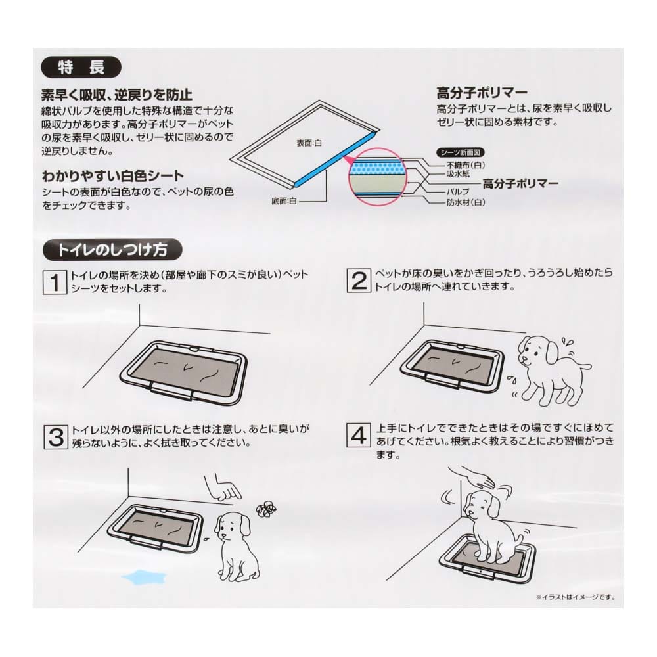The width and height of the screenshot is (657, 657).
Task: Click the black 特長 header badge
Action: point(81,67)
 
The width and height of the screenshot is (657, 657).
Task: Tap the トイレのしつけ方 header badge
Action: point(112,250)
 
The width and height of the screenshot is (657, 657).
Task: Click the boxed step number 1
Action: point(55,282)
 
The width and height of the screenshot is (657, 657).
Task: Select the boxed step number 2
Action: point(359,281)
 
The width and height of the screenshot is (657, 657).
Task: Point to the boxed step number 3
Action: point(56,437)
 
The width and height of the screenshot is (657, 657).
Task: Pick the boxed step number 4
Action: point(359,435)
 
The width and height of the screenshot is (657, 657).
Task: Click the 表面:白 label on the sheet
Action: point(309,143)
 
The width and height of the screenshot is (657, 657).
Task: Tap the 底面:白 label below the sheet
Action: point(284,201)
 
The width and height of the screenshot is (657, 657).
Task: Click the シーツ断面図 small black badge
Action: point(460,152)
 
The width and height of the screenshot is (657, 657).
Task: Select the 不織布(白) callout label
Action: point(466,165)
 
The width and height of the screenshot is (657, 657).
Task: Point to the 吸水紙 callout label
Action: point(458,174)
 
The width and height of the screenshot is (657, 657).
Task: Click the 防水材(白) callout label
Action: point(466,202)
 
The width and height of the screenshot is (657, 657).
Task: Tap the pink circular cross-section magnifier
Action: point(378,177)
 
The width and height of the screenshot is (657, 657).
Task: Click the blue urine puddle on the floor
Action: point(145,578)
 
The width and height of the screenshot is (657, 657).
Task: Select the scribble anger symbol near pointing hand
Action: point(266,509)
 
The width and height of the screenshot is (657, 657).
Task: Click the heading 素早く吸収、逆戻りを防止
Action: point(117,95)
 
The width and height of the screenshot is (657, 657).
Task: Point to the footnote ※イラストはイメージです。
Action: point(575,597)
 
